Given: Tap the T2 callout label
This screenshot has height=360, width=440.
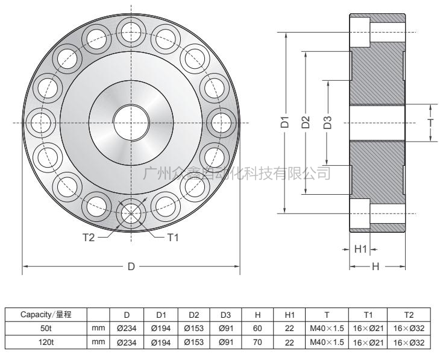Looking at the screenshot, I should (x=88, y=238).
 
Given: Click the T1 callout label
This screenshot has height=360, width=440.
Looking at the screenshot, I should (x=172, y=238).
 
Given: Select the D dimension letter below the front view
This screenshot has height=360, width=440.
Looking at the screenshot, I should (x=131, y=267).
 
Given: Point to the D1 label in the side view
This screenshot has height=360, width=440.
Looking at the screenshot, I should (x=286, y=122).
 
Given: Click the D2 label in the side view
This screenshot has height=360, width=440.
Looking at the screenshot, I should (x=306, y=122).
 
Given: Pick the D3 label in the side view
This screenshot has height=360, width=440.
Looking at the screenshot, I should (x=327, y=123).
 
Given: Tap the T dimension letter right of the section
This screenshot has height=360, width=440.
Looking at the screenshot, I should (x=430, y=122).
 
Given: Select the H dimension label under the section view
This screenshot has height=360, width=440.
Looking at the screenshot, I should (x=376, y=267).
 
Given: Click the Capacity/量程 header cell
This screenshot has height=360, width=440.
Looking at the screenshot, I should (x=46, y=315).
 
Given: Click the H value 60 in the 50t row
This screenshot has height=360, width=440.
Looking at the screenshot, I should (x=257, y=329).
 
